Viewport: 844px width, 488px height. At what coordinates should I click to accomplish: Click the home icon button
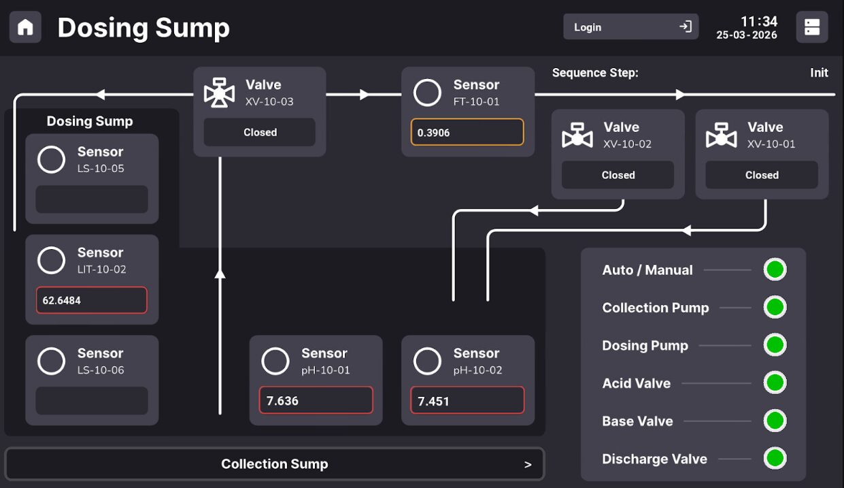tap(25, 27)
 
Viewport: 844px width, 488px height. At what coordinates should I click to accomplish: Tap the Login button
tap(630, 27)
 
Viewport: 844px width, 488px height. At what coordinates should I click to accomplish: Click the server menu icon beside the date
tap(812, 27)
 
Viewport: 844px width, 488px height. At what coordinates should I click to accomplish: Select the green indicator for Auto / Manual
tap(775, 270)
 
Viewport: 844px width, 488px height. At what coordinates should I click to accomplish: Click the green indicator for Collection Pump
tap(775, 307)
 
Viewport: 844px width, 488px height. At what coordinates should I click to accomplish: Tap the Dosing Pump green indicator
tap(775, 344)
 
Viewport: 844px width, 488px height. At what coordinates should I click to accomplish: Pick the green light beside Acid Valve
tap(775, 383)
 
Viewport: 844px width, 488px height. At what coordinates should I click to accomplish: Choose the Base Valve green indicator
tap(775, 421)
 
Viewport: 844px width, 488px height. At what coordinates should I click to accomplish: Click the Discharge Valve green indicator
tap(775, 458)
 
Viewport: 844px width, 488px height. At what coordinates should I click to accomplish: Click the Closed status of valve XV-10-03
tap(260, 132)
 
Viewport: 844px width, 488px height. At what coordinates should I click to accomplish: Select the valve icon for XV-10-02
tap(577, 135)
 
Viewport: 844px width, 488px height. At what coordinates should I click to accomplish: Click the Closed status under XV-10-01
tap(762, 175)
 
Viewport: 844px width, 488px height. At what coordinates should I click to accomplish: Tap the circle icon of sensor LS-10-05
tap(51, 159)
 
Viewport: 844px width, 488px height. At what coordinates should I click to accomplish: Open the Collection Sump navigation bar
tap(275, 464)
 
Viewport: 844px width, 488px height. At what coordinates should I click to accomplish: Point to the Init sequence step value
tap(819, 72)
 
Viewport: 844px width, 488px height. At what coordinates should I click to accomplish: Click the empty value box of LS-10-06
tap(92, 400)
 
